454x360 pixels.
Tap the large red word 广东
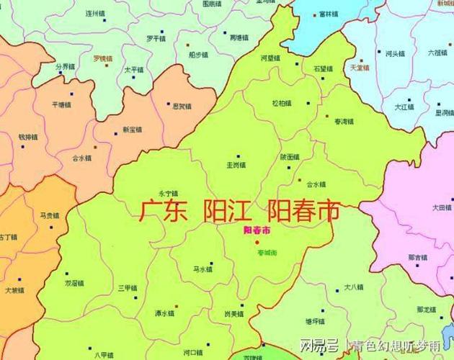(163, 211)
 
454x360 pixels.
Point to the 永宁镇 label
(167, 193)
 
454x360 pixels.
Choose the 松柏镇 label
(282, 104)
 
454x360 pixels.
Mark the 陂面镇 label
(289, 158)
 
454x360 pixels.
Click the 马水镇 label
(203, 269)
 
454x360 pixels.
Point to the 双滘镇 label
(75, 283)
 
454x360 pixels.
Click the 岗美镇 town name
(233, 315)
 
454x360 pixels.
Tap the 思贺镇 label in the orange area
(182, 106)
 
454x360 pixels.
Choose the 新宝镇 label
(132, 130)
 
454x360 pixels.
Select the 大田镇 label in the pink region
(442, 207)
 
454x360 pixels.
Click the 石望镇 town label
(323, 69)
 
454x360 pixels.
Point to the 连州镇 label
(96, 13)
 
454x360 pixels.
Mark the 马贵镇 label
(50, 215)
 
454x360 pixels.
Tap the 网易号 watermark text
(319, 344)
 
